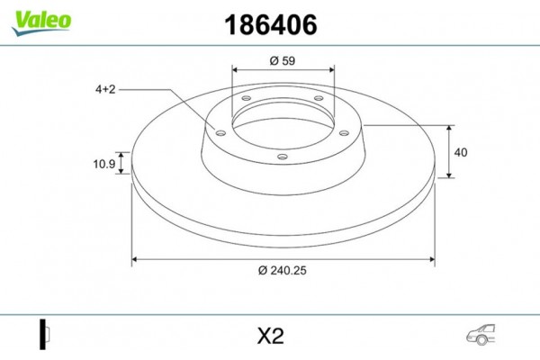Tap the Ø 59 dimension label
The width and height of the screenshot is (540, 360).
coord(283,61)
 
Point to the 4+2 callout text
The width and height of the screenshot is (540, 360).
coord(107,89)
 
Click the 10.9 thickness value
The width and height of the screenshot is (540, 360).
coord(104,165)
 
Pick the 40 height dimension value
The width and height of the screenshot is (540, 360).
coord(461,153)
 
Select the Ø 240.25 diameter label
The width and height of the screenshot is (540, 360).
coord(283,274)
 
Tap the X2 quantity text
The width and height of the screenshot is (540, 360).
coord(270,337)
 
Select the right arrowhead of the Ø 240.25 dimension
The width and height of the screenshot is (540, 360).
coord(433,260)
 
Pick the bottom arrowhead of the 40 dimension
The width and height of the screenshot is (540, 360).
coord(449,175)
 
